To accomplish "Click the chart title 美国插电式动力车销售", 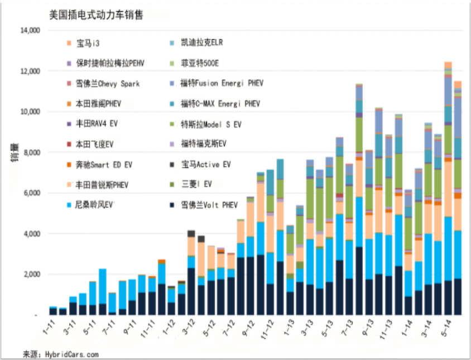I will coord(95,15).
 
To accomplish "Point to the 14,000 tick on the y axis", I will coord(29,30).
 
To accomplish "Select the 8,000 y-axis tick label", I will coord(31,152).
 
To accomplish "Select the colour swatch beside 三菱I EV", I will coord(174,185).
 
